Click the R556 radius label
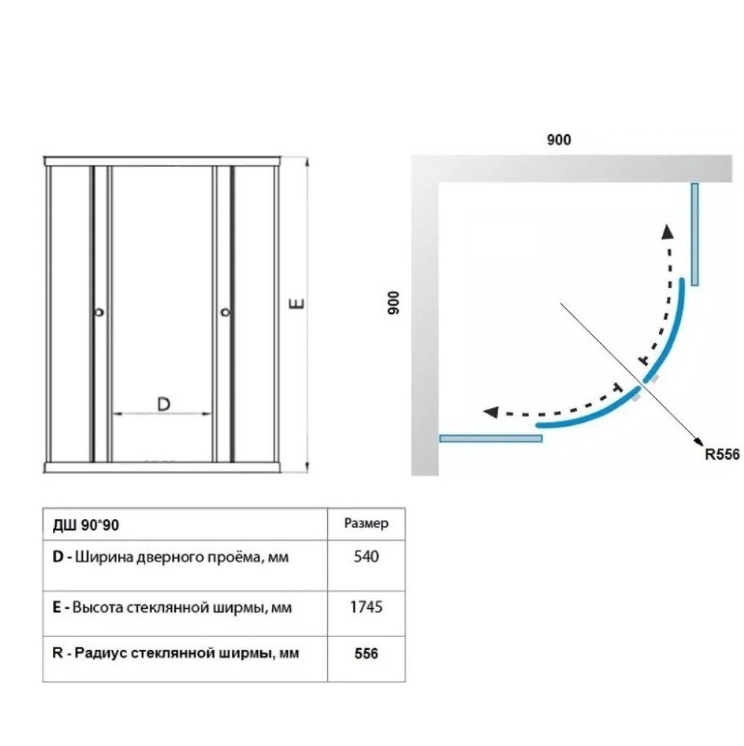tap(722, 454)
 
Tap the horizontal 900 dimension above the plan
tap(558, 140)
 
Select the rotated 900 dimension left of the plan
tap(394, 303)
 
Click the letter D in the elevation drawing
tap(163, 404)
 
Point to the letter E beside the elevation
tap(297, 303)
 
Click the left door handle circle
tap(99, 313)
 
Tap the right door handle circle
tap(225, 313)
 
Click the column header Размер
tap(366, 524)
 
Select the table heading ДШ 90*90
tap(86, 525)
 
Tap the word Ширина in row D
tap(104, 557)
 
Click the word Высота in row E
tap(98, 607)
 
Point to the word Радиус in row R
tap(101, 653)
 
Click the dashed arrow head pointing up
tap(668, 231)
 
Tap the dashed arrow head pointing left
tap(491, 412)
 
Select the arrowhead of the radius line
tap(699, 441)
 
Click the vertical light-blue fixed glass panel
tap(695, 234)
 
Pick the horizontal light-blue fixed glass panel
tap(491, 438)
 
